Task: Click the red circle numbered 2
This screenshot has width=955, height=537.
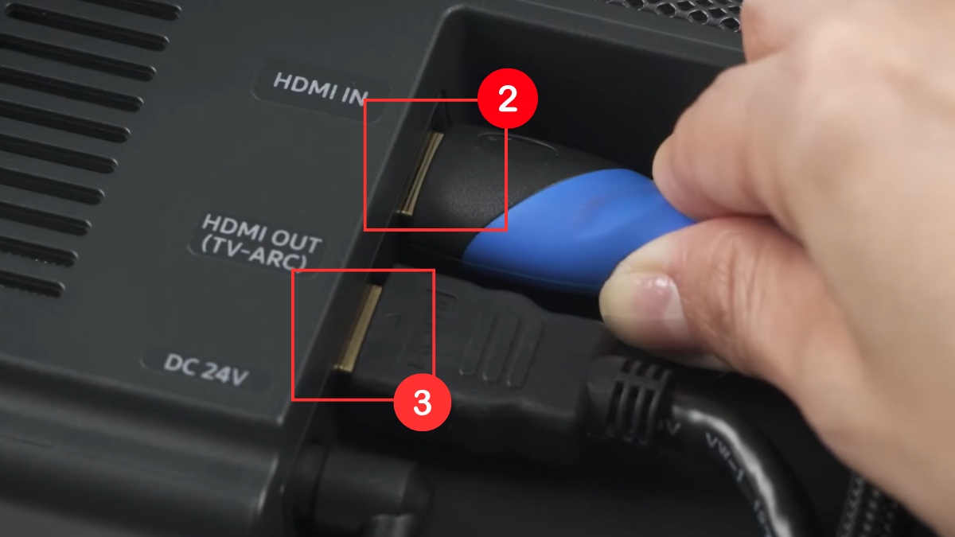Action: click(x=508, y=99)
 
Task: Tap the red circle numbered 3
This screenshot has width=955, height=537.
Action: click(x=423, y=402)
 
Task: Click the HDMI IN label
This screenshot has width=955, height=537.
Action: click(x=320, y=89)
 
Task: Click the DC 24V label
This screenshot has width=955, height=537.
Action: click(x=205, y=369)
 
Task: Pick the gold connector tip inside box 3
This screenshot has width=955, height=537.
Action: click(x=357, y=327)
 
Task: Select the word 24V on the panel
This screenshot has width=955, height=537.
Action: click(x=224, y=373)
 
